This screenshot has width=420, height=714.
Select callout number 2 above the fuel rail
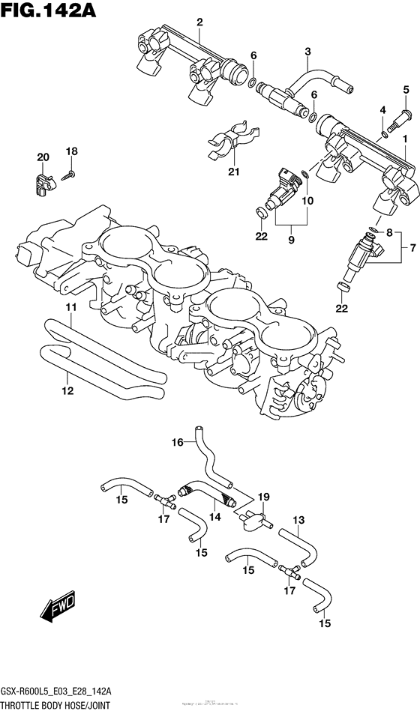(199, 22)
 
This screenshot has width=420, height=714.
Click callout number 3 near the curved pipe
(307, 51)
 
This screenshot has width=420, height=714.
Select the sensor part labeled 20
(43, 180)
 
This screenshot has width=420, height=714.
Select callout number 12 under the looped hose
(67, 390)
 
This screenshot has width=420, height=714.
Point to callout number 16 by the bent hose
(177, 442)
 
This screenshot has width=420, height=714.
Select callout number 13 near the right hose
(298, 520)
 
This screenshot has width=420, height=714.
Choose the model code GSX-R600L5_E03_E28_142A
(67, 691)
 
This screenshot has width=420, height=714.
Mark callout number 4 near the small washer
(382, 110)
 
